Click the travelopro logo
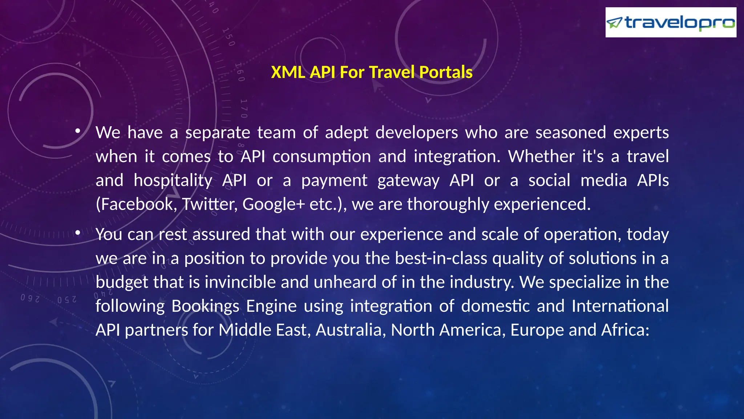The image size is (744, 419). click(x=671, y=23)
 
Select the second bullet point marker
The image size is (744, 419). click(x=78, y=233)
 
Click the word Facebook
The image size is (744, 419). click(x=136, y=204)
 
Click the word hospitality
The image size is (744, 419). click(x=173, y=180)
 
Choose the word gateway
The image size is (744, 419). click(x=408, y=180)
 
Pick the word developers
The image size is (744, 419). click(x=417, y=132)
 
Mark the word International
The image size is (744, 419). click(x=620, y=306)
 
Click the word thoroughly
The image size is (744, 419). click(x=448, y=204)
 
